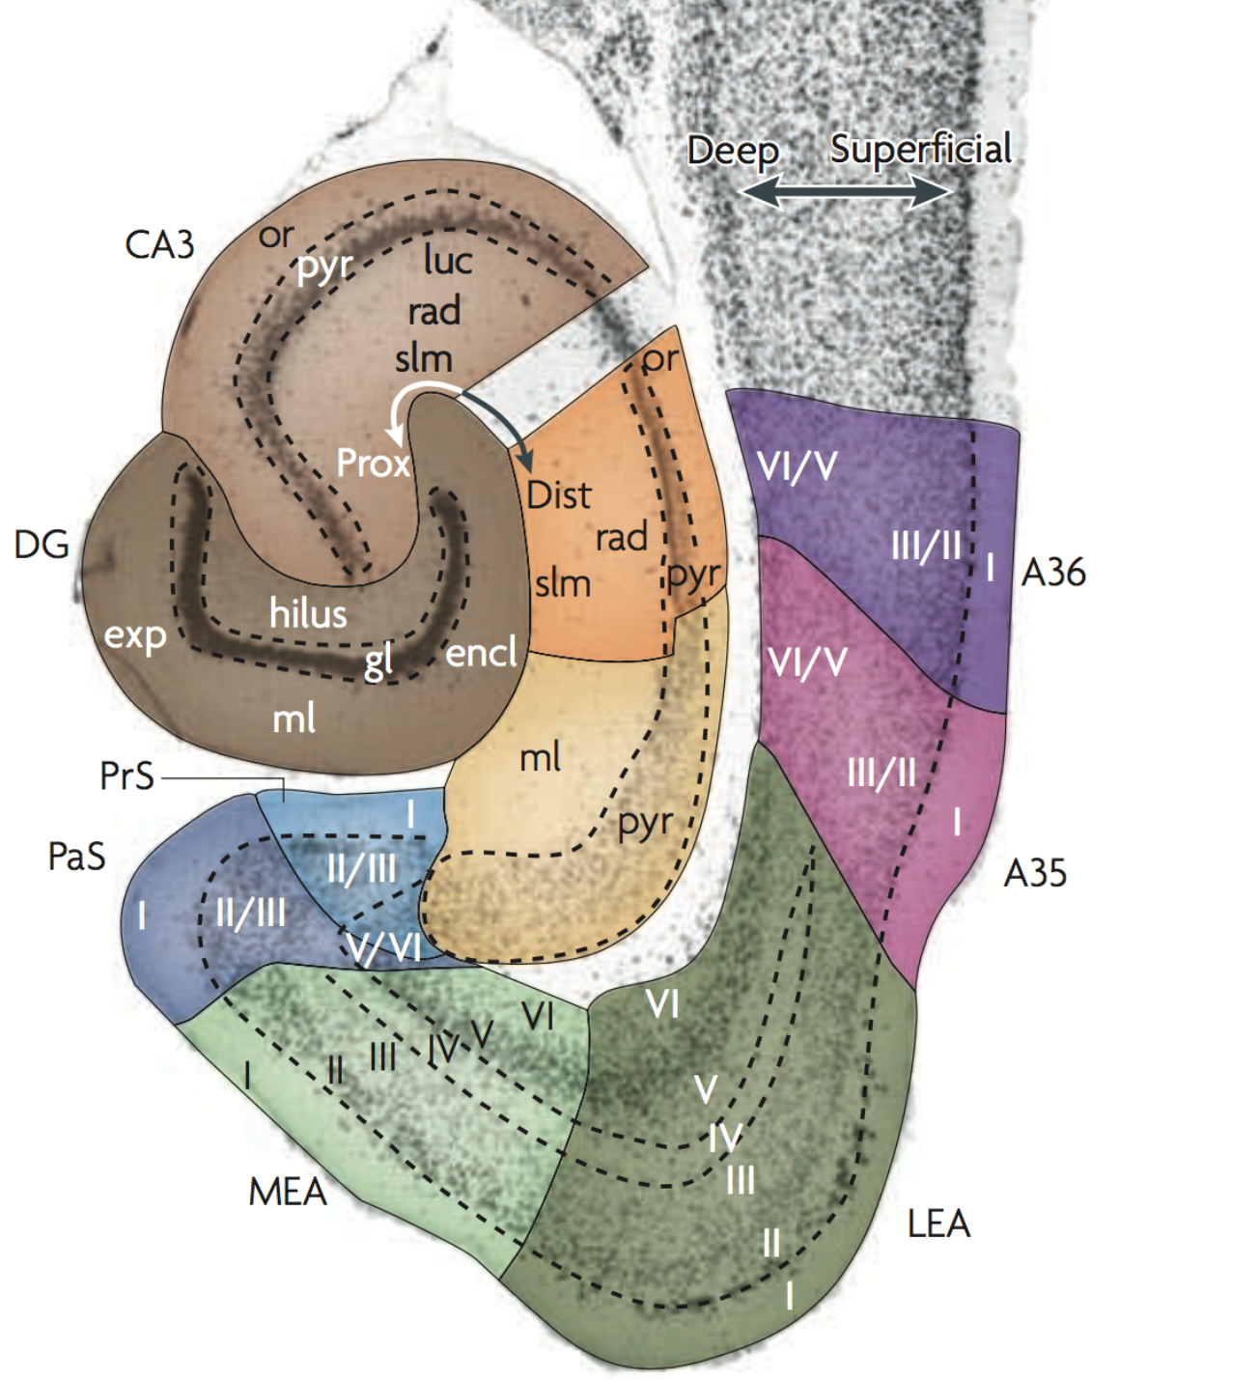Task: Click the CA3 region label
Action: coord(159,245)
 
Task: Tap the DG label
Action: coord(42,546)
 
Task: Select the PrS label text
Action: coord(126,776)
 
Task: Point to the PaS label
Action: coord(76,857)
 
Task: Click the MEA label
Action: coord(288,1193)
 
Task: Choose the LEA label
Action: coord(938,1225)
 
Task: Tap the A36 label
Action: coord(1053,573)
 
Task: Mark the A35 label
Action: coord(1035,874)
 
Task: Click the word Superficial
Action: coord(921,149)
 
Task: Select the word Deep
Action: coord(733,151)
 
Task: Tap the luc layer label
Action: coord(448,260)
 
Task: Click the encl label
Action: coord(481,654)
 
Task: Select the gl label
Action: coord(378,662)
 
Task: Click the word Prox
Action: coord(373,465)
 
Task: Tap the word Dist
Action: coord(559,496)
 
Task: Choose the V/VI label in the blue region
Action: coord(385,948)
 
